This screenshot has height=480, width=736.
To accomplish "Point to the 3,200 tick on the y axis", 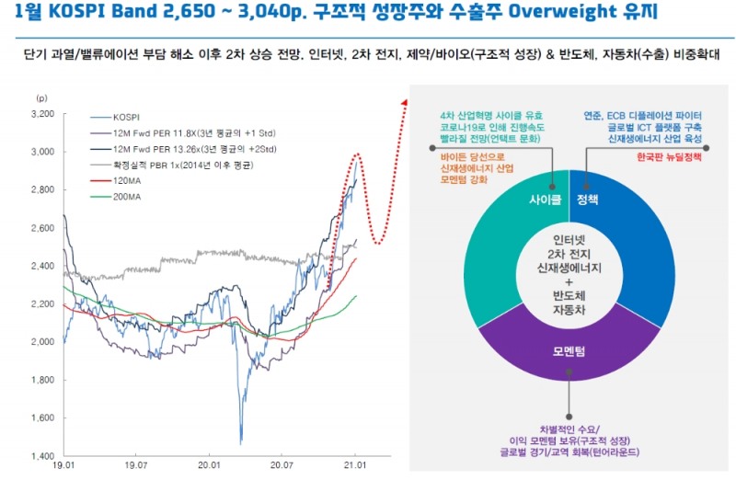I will [42, 114].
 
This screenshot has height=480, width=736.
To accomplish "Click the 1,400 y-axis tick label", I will [42, 456].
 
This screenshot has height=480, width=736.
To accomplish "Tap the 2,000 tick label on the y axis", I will [42, 342].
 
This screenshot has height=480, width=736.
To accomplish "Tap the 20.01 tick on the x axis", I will [210, 467].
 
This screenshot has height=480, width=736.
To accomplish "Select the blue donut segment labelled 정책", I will [635, 248].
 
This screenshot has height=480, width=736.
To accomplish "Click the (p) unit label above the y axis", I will [40, 97].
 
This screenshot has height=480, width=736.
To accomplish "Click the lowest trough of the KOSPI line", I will [241, 443].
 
